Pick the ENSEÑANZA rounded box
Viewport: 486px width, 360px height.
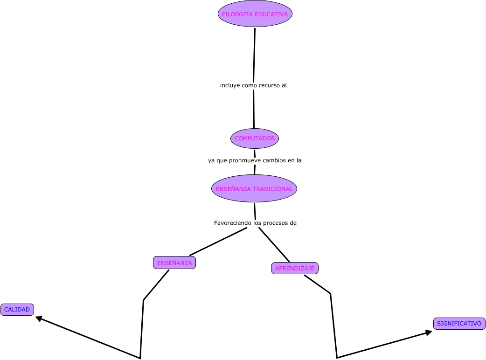click(x=174, y=263)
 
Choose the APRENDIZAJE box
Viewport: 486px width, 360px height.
click(x=295, y=268)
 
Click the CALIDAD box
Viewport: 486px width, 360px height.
click(x=17, y=310)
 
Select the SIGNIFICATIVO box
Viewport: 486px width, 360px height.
click(x=459, y=324)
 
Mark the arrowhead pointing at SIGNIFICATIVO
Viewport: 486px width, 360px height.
click(x=429, y=332)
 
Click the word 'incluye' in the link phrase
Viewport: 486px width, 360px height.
click(x=230, y=86)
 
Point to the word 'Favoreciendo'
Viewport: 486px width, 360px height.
click(x=233, y=223)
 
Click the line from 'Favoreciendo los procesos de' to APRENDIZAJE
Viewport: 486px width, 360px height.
click(x=274, y=246)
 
